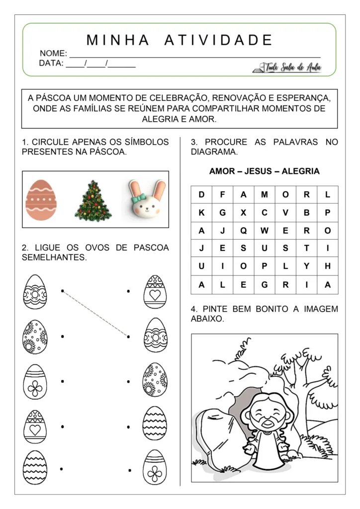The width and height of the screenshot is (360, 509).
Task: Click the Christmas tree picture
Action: [x=93, y=201]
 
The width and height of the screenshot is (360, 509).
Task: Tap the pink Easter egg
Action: [x=41, y=200]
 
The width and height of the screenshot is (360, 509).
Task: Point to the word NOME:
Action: [x=53, y=53]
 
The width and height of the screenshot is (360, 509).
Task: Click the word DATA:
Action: [x=51, y=64]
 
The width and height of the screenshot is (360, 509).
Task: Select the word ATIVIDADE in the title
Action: [x=218, y=40]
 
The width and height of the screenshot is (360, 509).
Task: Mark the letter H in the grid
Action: [x=327, y=266]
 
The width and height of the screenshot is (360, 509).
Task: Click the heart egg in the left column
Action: [x=35, y=426]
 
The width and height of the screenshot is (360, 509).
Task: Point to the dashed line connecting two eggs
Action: [x=95, y=314]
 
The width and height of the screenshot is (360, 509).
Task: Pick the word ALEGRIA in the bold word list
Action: [x=300, y=171]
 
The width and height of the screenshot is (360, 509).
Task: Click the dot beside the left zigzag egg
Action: [x=61, y=469]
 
